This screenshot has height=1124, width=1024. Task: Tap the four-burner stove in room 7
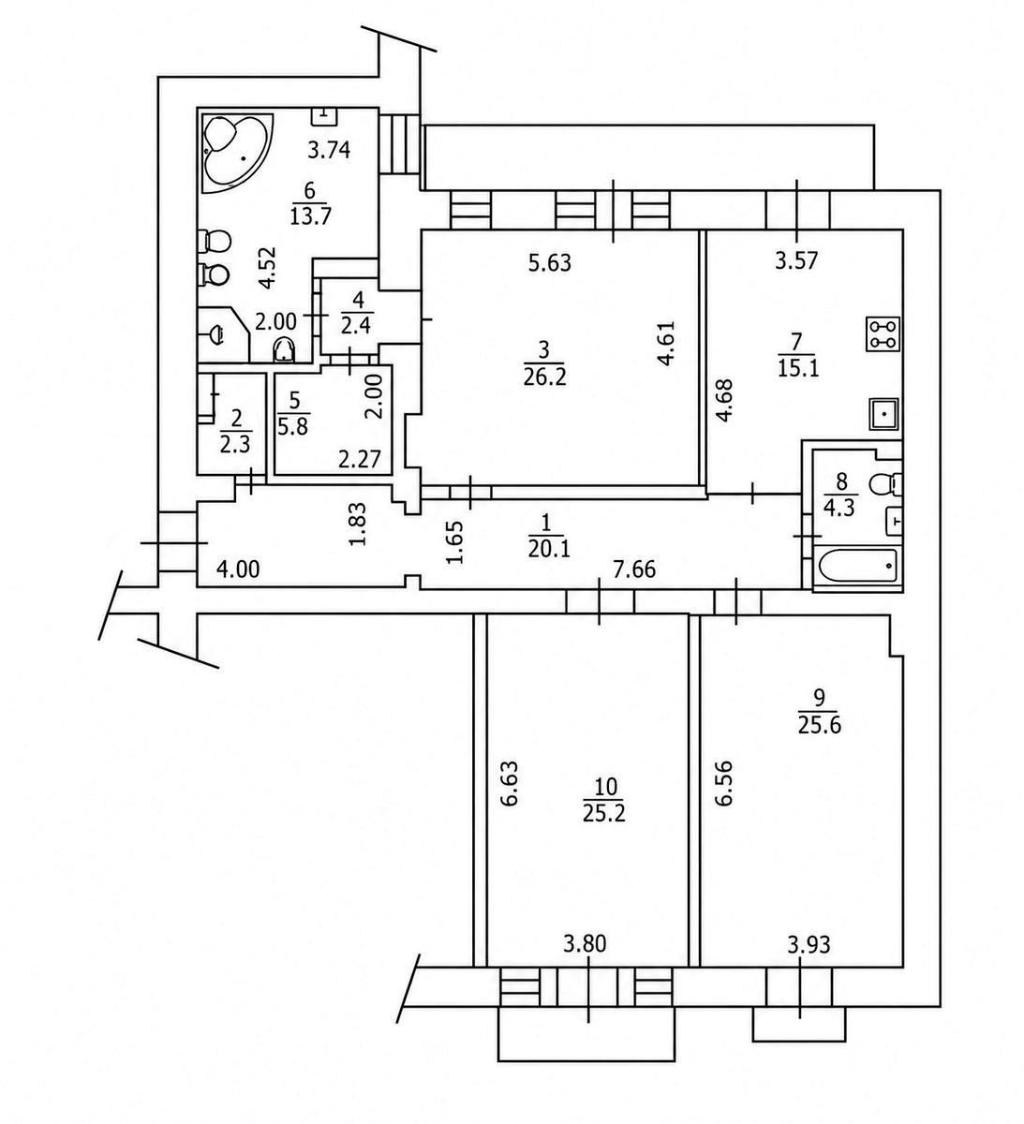coord(883,334)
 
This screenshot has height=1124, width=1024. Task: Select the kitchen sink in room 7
coord(883,414)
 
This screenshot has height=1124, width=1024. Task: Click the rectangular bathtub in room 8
coord(857,567)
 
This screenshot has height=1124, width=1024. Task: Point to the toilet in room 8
coord(885,482)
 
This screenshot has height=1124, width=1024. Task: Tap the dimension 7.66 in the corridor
coord(634,570)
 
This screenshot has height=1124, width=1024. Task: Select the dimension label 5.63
coord(550,263)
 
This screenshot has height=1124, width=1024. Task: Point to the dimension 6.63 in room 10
coord(509,783)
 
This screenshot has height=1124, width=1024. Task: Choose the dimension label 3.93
coord(809,946)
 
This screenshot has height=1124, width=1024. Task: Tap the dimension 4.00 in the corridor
coord(239,569)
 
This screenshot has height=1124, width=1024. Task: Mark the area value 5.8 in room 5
coord(292,428)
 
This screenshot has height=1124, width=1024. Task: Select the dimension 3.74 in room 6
coord(329,150)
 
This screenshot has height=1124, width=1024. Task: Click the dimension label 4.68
coord(724,400)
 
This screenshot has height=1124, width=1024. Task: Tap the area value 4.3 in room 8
coord(838,509)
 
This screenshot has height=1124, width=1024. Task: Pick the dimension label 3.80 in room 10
coord(585,945)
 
